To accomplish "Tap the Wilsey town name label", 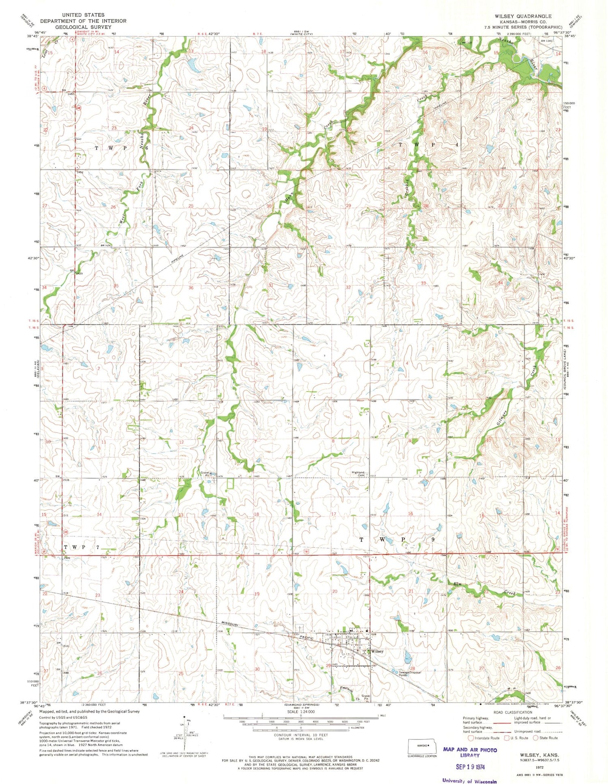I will (x=377, y=651).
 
